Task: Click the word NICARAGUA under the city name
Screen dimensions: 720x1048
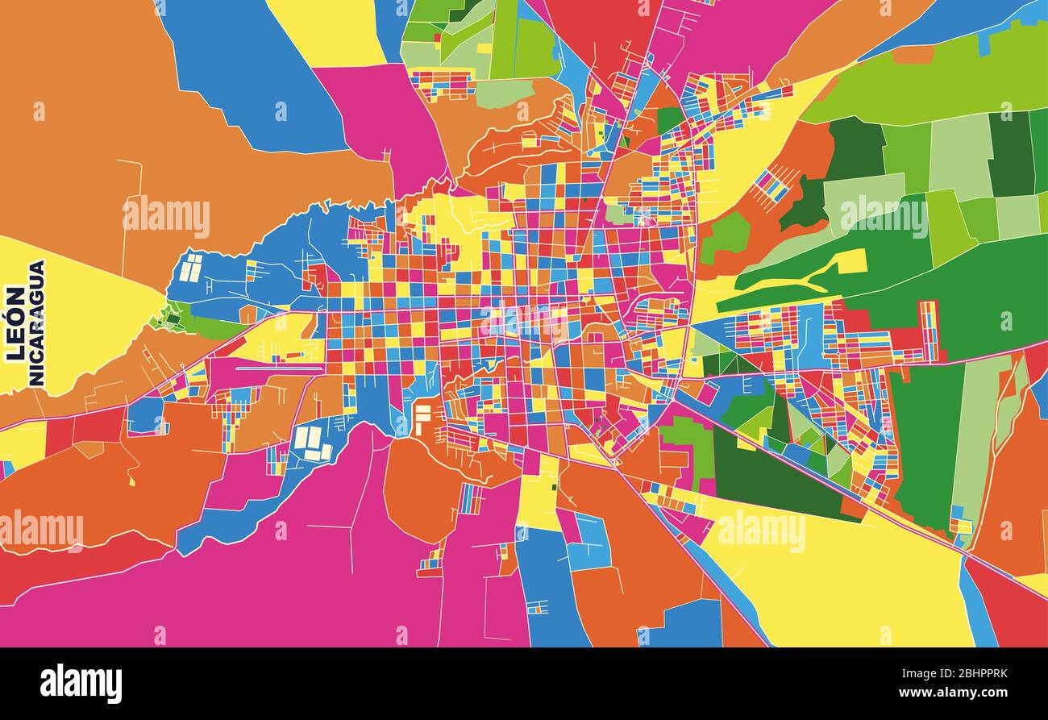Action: pos(36,323)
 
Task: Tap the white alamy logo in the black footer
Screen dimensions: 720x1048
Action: pos(81,684)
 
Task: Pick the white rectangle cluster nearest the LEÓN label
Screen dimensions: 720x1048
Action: pos(191,268)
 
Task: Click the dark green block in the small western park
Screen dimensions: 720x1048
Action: pos(171,318)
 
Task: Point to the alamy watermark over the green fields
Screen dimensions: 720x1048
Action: pos(884,216)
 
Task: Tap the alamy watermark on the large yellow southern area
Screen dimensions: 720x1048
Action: pos(760,530)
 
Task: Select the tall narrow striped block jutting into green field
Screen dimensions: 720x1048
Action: pos(929,331)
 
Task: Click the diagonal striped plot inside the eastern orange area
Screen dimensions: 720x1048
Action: pos(771,185)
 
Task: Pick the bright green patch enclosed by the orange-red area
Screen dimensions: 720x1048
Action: pos(725,236)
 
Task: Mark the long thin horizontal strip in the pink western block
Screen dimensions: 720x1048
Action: pos(278,368)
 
